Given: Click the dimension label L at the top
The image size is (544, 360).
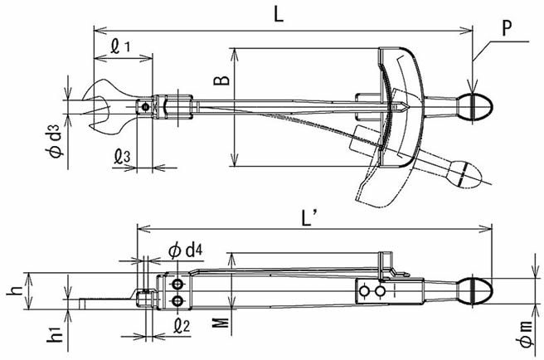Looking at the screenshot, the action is coord(279,14).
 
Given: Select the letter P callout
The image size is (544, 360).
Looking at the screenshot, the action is coord(507,28).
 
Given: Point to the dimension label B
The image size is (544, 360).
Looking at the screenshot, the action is coord(221,80).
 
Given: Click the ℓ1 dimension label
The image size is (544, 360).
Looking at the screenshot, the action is coord(119,46).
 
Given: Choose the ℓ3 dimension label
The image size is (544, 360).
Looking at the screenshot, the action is coord(122,157).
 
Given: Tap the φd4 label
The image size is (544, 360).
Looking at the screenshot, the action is coord(186,251).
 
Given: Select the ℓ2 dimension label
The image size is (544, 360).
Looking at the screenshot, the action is coord(182,325).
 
